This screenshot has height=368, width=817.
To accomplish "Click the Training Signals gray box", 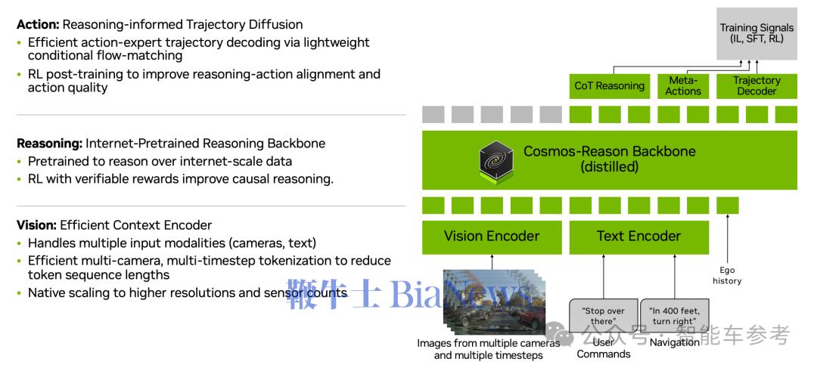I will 756,33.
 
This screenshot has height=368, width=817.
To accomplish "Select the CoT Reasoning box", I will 609,85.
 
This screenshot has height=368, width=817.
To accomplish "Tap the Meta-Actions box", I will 683,85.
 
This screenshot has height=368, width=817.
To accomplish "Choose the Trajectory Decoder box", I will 756,85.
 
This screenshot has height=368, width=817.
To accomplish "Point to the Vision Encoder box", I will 492,236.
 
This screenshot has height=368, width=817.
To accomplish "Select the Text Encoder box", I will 638,236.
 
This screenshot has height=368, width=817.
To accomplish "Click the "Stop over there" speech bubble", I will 603,315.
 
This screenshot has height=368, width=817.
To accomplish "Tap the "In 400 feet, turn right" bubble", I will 675,315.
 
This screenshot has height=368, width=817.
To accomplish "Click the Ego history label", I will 727,275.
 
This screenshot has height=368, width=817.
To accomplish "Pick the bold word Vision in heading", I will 35,225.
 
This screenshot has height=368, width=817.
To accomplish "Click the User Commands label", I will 603,348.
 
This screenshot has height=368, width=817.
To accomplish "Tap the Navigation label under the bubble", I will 675,342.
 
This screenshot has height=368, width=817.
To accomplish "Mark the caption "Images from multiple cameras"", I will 488,343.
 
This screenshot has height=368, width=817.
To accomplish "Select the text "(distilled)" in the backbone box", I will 610,167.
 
